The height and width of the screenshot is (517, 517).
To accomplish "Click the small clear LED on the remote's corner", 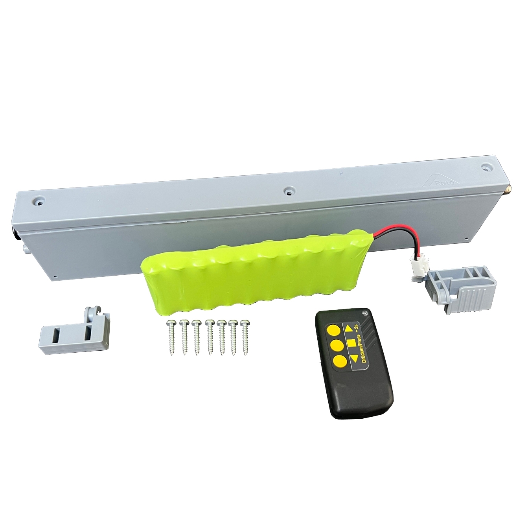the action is (x=364, y=313).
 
